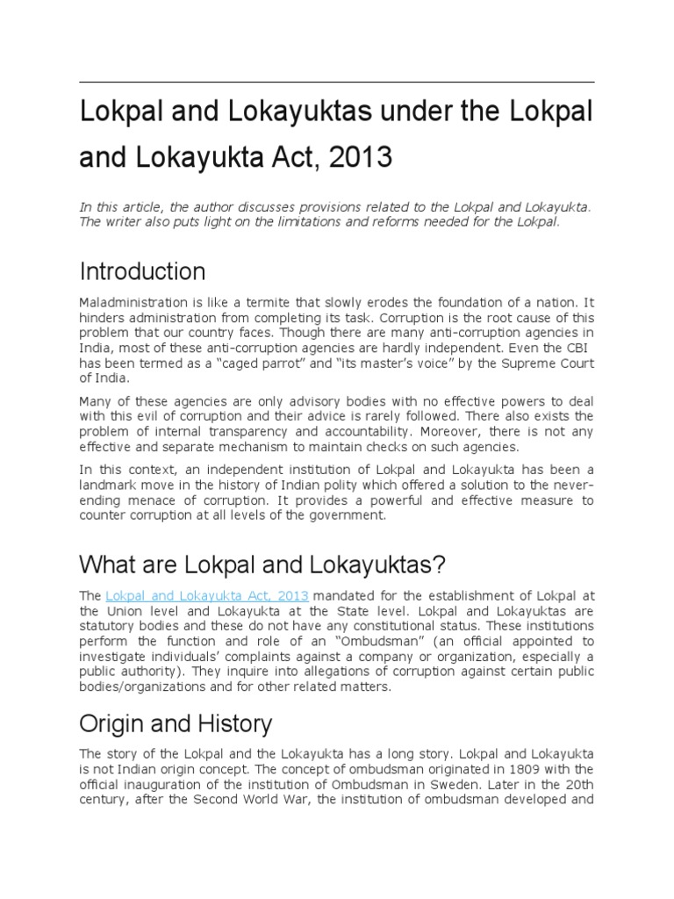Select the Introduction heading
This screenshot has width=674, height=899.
tap(142, 270)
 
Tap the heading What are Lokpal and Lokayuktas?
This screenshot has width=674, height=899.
tap(250, 562)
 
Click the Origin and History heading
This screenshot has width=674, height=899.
tap(176, 724)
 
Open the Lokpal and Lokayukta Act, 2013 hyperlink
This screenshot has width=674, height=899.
tap(207, 596)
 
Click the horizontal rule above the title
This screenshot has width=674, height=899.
tap(337, 82)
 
